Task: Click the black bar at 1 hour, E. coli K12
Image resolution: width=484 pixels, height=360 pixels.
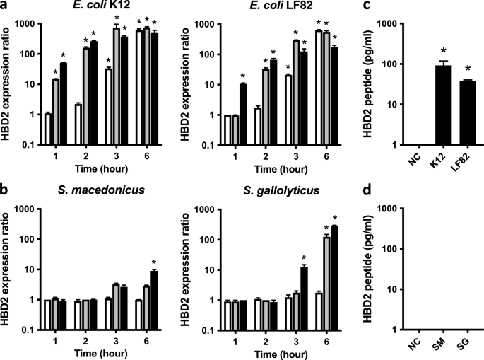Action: (x=64, y=103)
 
